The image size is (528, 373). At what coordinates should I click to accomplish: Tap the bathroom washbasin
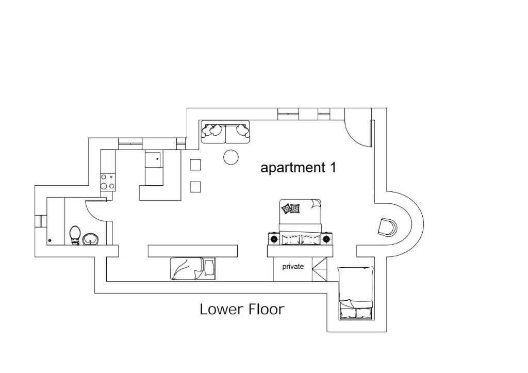point(90,239)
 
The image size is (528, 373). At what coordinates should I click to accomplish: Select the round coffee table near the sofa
point(231,157)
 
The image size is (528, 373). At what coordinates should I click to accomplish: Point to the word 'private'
point(293,267)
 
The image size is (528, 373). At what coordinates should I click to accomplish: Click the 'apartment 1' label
point(299,167)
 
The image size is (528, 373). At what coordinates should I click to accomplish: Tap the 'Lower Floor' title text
point(242,309)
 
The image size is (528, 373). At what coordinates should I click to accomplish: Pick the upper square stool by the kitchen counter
point(195,165)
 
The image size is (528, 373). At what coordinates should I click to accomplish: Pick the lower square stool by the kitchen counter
point(195,187)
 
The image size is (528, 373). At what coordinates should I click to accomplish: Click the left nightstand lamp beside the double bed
point(273,239)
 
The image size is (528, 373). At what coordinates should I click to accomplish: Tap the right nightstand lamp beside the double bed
point(326,239)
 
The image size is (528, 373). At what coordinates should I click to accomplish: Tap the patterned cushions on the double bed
point(291,208)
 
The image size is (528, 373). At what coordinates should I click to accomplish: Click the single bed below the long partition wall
point(193,269)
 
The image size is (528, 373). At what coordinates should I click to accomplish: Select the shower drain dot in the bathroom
point(50,240)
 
